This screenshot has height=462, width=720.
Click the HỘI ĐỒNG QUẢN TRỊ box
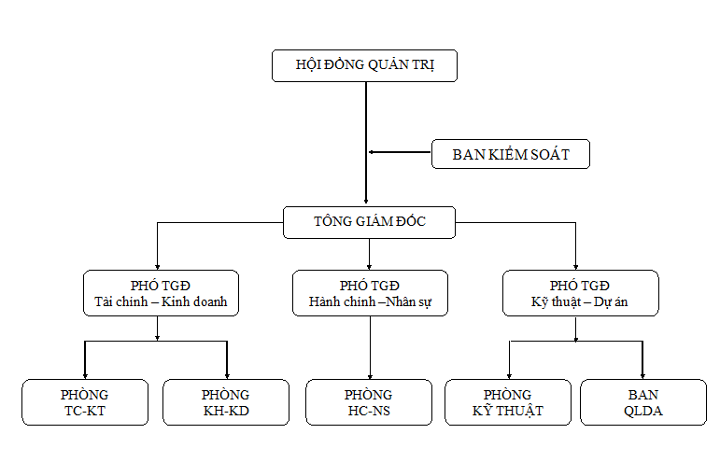[x=364, y=65]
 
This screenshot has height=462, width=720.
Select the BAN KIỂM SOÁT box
[x=510, y=154]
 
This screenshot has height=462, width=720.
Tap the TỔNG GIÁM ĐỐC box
[x=369, y=222]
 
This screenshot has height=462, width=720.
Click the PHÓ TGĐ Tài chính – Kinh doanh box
[x=161, y=293]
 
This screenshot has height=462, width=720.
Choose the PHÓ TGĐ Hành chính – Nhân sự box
[x=370, y=293]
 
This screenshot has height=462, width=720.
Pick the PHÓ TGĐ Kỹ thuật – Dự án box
[x=579, y=293]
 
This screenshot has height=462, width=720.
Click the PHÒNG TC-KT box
[x=85, y=402]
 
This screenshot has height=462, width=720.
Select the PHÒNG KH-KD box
[x=225, y=402]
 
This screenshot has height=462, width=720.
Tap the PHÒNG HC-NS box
[x=368, y=402]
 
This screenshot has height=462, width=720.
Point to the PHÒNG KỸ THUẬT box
[x=507, y=402]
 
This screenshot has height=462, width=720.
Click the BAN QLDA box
[x=642, y=402]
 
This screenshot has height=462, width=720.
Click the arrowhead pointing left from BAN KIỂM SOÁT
[x=371, y=152]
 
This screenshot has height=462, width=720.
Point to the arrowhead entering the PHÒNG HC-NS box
[x=370, y=375]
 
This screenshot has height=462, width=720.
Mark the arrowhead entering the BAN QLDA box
[x=642, y=375]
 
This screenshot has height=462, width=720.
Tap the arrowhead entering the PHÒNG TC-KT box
[x=85, y=375]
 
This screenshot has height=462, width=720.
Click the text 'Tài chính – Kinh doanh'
[x=161, y=302]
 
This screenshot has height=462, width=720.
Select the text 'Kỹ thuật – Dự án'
[x=579, y=302]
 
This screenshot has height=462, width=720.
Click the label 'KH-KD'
[x=225, y=411]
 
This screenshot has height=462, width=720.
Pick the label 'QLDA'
[x=642, y=411]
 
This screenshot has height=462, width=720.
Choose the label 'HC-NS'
[x=368, y=411]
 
